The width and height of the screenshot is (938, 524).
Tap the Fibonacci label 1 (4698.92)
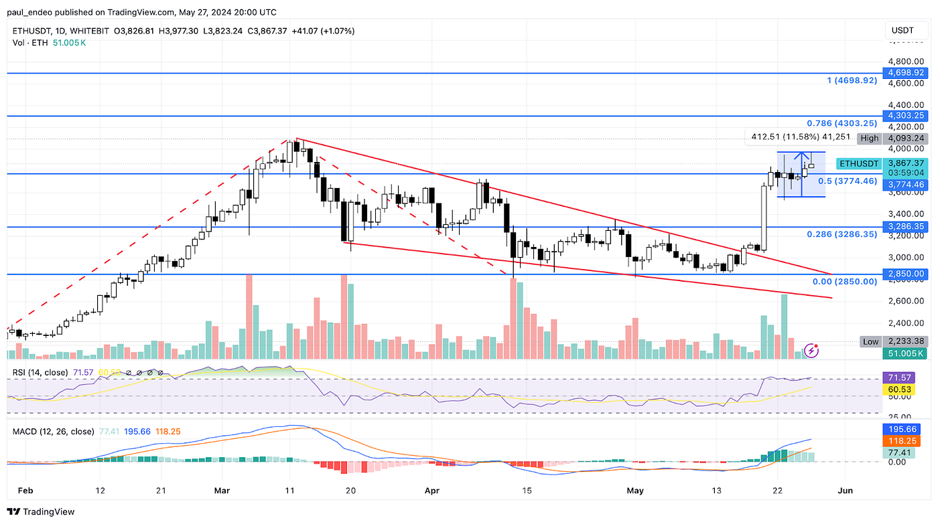(852, 80)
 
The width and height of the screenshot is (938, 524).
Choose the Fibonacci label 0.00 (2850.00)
(844, 281)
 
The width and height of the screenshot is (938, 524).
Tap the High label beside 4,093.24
(870, 138)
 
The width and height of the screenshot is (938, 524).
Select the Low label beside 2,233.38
(870, 341)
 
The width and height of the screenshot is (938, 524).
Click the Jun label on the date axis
(846, 491)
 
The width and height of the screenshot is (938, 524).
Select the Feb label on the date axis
(25, 491)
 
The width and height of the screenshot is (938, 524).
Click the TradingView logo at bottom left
(42, 512)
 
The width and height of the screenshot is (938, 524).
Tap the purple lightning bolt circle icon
(812, 349)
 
